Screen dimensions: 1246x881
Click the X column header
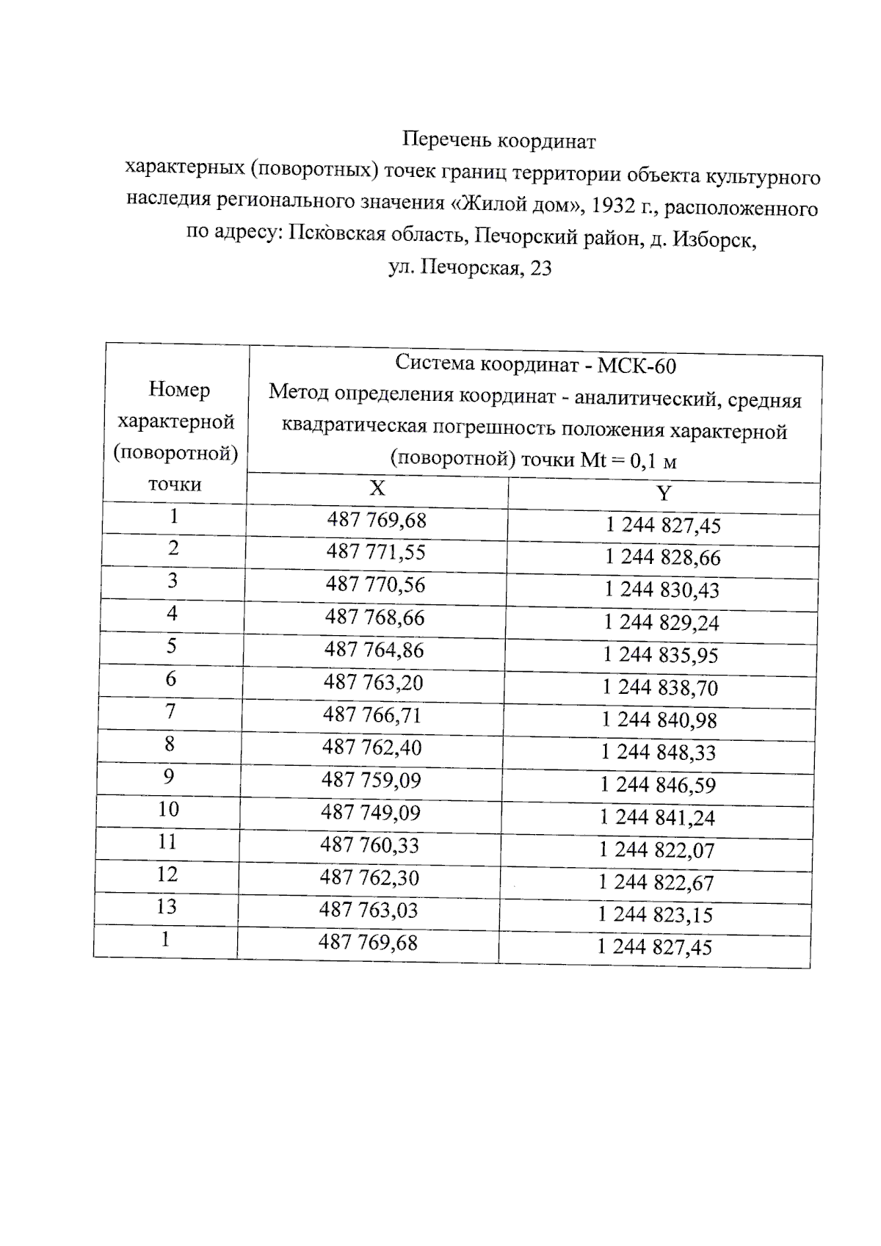tap(377, 489)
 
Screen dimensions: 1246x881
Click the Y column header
tap(664, 493)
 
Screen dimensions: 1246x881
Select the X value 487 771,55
tap(376, 552)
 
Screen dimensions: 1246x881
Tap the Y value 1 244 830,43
tap(662, 590)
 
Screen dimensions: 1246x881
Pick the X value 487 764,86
tap(374, 650)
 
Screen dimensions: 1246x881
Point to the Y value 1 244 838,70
tap(660, 688)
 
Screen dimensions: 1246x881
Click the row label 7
tap(170, 711)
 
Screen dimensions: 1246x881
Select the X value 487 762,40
tap(372, 747)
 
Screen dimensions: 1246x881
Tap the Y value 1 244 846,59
tap(658, 785)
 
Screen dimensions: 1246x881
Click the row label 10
tap(168, 809)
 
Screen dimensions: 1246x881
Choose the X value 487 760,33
tap(370, 845)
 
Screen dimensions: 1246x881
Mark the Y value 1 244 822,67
tap(656, 883)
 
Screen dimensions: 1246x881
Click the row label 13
tap(167, 907)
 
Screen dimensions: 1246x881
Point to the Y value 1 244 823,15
tap(656, 915)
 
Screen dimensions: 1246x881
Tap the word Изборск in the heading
tap(713, 239)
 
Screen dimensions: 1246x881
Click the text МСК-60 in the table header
tap(637, 366)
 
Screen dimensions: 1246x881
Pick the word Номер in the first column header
tap(179, 390)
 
